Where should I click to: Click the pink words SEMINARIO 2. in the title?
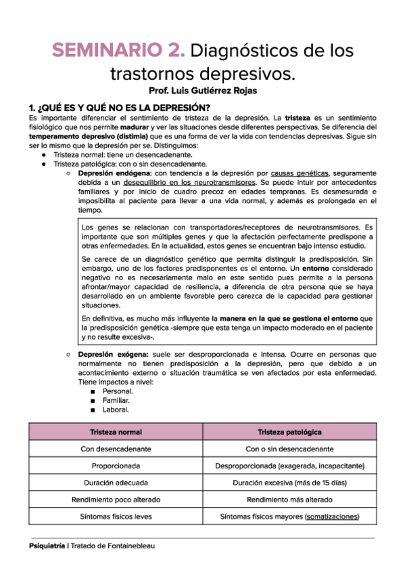119,50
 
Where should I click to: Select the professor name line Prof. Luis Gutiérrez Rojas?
202,90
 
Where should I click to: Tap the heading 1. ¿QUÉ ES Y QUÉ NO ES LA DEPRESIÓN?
119,108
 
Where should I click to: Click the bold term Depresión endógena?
114,173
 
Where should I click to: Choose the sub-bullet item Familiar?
118,400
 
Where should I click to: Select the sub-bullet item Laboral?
116,410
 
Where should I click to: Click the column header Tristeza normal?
116,431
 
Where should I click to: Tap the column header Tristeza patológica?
289,431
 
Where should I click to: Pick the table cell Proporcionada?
116,466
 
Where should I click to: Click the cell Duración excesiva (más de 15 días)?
289,483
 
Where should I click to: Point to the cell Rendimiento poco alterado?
116,500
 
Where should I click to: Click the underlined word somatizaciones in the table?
331,516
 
